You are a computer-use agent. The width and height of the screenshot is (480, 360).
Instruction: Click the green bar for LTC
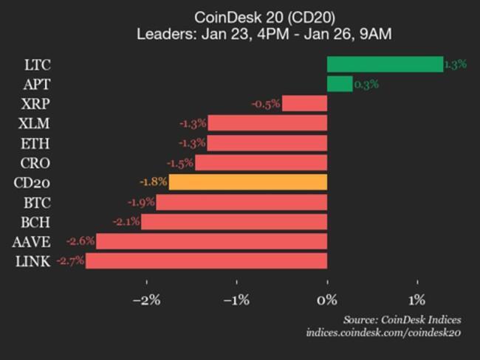point(385,64)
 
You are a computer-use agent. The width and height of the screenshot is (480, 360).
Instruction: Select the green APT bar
point(340,84)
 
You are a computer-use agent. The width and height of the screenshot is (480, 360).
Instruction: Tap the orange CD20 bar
point(248,181)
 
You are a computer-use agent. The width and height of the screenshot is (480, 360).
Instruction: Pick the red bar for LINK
point(207,260)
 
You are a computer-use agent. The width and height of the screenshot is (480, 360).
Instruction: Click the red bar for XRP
point(304,103)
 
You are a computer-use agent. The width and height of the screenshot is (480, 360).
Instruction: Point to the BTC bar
point(241,201)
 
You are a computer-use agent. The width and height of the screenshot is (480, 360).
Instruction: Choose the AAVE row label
point(31,241)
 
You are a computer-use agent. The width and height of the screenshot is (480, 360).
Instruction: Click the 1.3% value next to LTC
point(455,64)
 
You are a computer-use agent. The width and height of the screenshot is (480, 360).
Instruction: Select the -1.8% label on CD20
point(154,181)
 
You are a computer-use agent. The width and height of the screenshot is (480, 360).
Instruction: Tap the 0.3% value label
point(366,84)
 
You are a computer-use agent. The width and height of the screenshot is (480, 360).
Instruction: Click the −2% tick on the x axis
point(146,300)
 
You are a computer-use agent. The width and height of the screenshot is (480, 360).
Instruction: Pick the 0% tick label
point(327,300)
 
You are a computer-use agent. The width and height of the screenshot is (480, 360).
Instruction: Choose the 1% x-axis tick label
point(417,300)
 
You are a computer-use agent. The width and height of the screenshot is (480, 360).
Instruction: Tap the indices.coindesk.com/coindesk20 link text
point(383,333)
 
